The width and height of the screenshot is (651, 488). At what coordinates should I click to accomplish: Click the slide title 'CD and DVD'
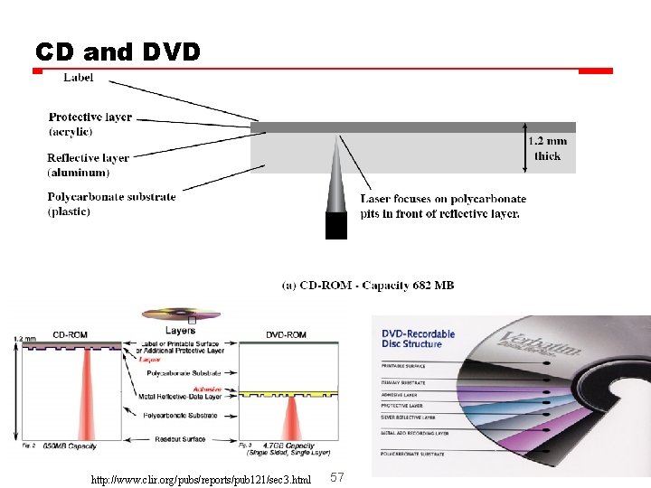(118, 52)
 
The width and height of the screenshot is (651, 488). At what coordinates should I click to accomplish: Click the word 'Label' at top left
(79, 78)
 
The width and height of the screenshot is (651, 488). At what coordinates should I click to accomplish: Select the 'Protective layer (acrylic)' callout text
(90, 124)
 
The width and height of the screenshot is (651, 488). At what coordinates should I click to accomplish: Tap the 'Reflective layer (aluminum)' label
(88, 164)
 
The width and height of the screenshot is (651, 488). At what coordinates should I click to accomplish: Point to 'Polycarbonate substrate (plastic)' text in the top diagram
(111, 203)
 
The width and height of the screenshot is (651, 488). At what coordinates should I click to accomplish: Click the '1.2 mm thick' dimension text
(548, 148)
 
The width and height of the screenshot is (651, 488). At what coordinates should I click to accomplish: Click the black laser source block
(336, 225)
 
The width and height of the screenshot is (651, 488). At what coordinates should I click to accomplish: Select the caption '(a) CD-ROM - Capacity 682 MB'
(368, 286)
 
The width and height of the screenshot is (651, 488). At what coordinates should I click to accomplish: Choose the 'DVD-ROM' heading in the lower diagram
(287, 334)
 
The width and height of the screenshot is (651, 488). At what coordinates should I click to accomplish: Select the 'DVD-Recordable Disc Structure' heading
(419, 338)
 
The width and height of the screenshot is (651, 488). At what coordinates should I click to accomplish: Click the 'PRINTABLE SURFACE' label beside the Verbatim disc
(404, 365)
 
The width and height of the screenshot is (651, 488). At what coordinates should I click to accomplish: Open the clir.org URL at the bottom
(201, 477)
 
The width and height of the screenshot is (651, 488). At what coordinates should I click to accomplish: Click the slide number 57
(337, 476)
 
